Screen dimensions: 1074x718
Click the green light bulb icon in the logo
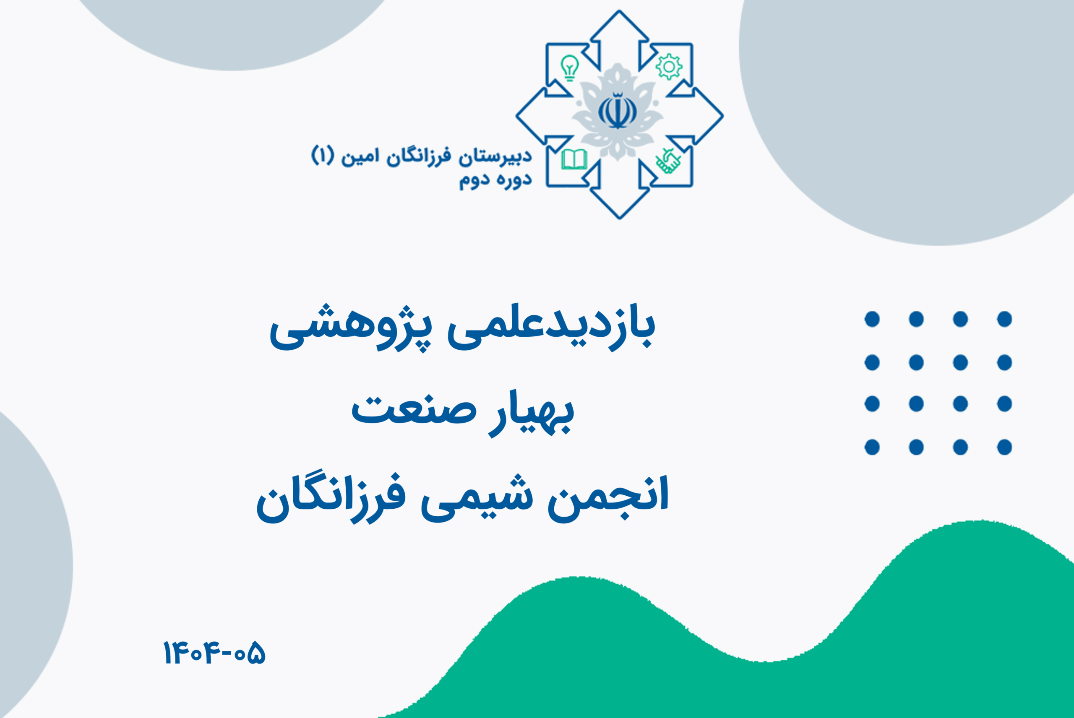[570, 68]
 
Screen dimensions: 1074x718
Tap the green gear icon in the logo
[669, 67]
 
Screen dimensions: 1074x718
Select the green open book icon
[574, 160]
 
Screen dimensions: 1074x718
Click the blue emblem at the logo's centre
[618, 111]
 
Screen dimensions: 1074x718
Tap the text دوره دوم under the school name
[495, 180]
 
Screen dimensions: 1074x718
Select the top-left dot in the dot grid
[872, 319]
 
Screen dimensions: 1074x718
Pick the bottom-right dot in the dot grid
[1004, 447]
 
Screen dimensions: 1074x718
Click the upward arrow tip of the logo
[619, 10]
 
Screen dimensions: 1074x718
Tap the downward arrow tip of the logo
[619, 219]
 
